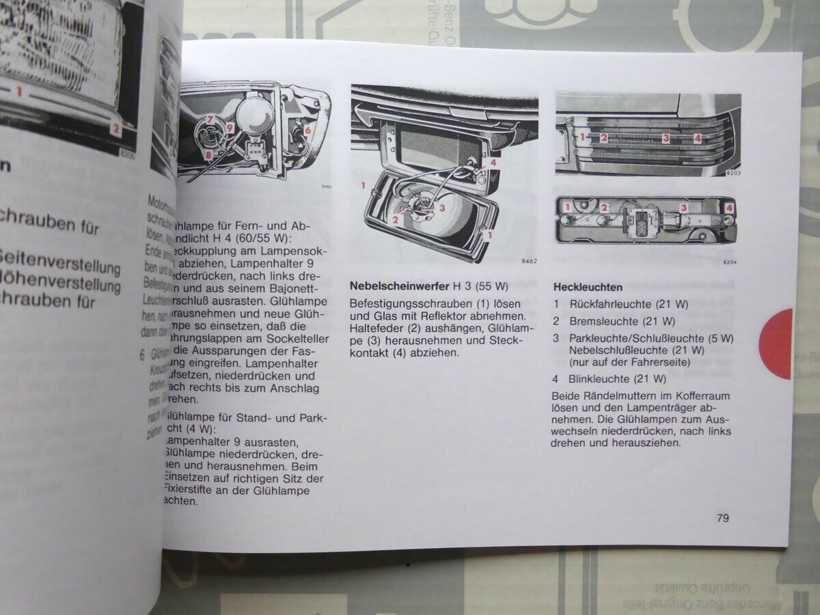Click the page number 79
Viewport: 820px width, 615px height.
(722, 518)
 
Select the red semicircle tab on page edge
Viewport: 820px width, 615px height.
(778, 343)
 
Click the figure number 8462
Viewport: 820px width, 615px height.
(529, 262)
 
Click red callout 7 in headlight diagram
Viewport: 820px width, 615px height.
(211, 120)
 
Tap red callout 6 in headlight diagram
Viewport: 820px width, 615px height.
(307, 129)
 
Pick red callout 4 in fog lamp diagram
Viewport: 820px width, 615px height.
(493, 163)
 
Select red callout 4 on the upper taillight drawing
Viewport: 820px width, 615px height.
(697, 137)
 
